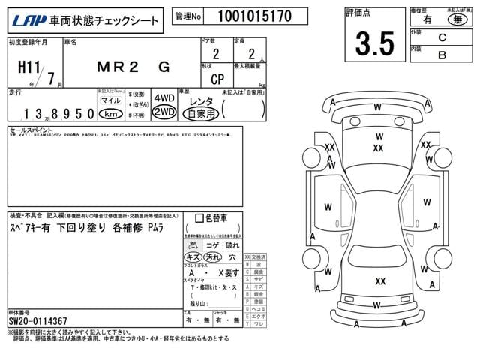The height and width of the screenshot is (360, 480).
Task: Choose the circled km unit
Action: click(111, 113)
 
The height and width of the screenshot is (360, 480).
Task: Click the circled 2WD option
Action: click(163, 112)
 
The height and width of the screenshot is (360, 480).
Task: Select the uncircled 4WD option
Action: click(163, 98)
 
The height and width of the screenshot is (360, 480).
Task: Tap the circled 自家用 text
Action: click(201, 113)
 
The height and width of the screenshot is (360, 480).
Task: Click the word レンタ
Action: click(200, 100)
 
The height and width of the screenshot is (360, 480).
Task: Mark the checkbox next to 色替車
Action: click(199, 218)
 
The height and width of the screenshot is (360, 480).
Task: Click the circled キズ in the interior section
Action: click(193, 256)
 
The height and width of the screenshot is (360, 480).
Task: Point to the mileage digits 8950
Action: click(77, 113)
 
